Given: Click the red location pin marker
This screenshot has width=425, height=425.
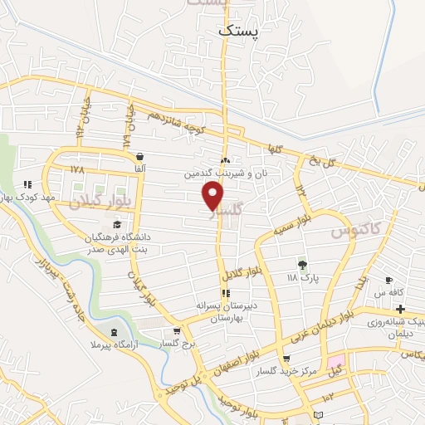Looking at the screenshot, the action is click(213, 195).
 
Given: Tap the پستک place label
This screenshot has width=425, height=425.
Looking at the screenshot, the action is click(237, 30).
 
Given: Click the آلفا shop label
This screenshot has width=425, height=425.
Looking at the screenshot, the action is click(139, 169).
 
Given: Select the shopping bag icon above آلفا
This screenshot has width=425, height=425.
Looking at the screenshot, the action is click(139, 156).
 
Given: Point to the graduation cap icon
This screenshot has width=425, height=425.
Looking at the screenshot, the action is click(117, 224).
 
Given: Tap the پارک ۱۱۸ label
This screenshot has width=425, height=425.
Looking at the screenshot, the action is click(303, 277).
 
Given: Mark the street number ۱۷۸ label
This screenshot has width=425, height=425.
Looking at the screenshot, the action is click(77, 169).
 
